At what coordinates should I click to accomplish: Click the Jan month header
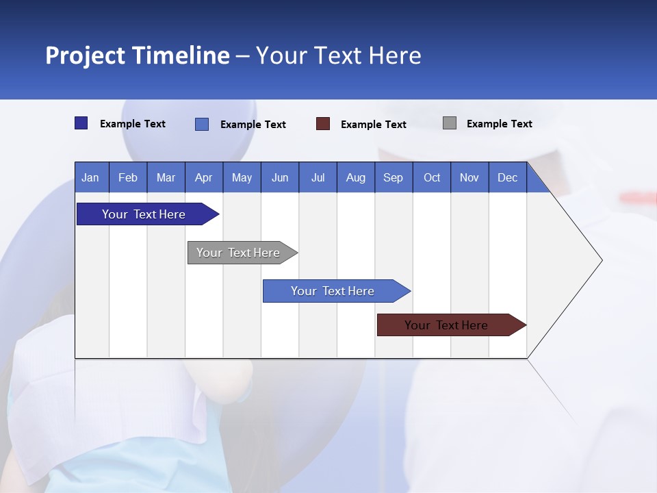click(x=90, y=178)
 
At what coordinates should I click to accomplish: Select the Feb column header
click(x=128, y=178)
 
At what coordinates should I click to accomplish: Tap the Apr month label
click(x=203, y=178)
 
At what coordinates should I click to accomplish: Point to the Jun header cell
click(x=280, y=178)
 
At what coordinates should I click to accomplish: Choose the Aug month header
click(x=355, y=178)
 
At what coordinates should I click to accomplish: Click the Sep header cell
click(x=393, y=178)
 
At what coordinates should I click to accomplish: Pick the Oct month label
click(x=432, y=178)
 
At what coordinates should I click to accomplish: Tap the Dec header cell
click(x=507, y=178)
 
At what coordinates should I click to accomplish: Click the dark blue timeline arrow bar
click(x=144, y=214)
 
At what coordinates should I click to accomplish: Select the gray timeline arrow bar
click(x=239, y=253)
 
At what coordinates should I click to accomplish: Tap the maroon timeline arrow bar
click(x=447, y=325)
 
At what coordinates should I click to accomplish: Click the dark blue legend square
click(x=81, y=123)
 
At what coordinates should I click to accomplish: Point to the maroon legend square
click(x=323, y=124)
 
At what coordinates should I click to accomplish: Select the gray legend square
click(x=450, y=123)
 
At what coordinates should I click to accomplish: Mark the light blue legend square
click(x=202, y=124)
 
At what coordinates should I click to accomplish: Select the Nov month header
click(x=469, y=178)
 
